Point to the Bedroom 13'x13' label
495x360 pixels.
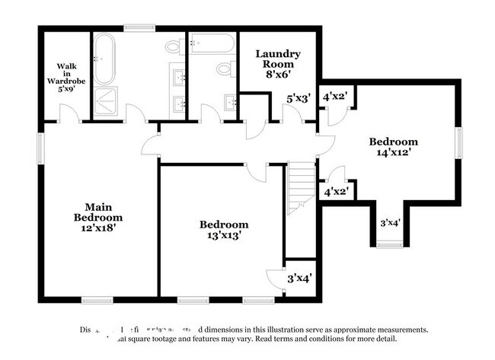224,230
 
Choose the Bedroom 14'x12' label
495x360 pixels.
393,148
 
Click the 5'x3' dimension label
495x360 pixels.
299,99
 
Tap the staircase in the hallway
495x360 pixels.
299,186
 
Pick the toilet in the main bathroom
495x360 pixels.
172,48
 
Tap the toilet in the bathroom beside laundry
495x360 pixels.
225,70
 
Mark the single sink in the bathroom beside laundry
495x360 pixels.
229,102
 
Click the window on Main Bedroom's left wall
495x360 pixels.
40,149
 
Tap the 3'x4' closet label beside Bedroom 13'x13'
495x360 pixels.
298,279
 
